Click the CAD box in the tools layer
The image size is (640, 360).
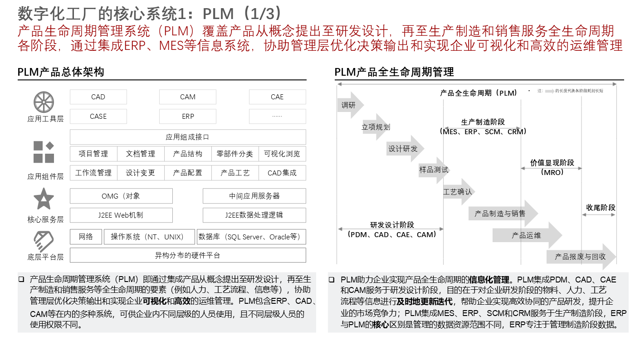98,97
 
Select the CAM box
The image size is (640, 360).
187,97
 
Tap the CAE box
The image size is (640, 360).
277,97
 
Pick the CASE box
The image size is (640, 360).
98,117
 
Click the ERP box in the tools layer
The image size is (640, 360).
187,117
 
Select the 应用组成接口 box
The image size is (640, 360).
187,137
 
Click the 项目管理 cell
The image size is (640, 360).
93,154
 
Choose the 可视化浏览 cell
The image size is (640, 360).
282,154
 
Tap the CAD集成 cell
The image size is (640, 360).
282,173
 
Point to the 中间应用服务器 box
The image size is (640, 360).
254,196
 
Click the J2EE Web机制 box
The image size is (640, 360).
121,215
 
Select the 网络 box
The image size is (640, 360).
86,237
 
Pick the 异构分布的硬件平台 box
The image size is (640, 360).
187,255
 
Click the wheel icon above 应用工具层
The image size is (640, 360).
44,102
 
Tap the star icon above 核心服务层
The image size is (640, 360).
44,199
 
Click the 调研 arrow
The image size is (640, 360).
349,106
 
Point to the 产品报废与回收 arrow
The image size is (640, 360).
581,257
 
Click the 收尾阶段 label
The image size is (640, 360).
601,208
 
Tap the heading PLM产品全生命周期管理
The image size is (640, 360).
394,72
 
